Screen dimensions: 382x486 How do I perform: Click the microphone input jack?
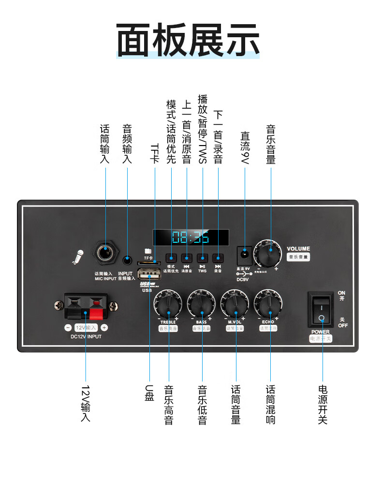pyautogui.click(x=105, y=253)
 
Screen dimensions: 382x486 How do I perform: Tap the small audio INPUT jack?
pyautogui.click(x=127, y=261)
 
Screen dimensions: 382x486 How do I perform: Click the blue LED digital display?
pyautogui.click(x=191, y=237)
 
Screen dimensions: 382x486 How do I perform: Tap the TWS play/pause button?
pyautogui.click(x=203, y=258)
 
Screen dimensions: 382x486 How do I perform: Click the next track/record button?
pyautogui.click(x=218, y=258)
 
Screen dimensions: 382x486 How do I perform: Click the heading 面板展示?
pyautogui.click(x=188, y=40)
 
